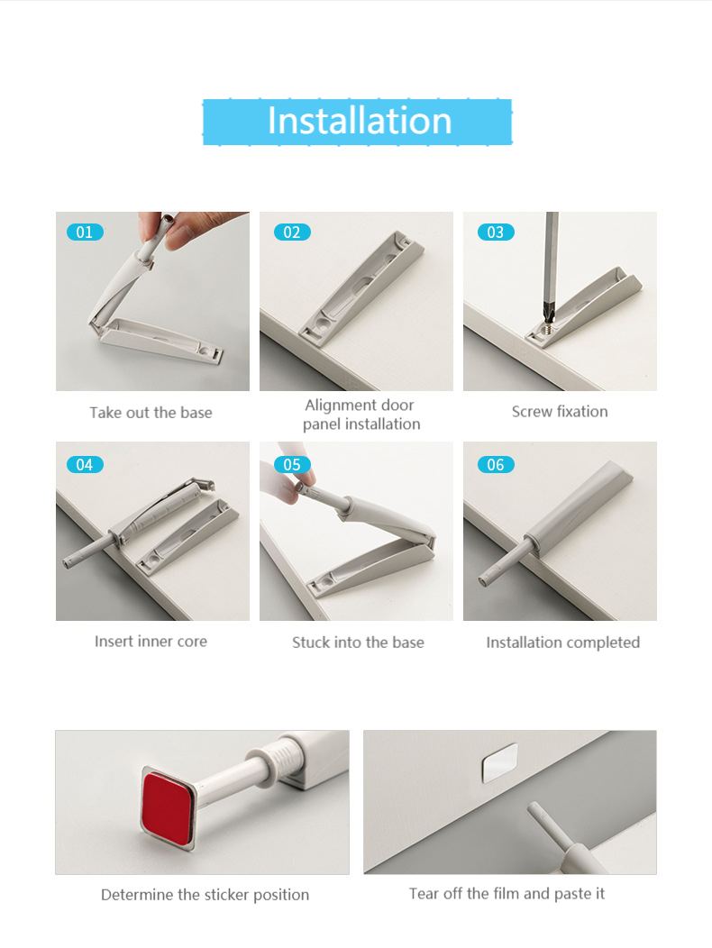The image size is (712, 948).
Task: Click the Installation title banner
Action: [357, 122]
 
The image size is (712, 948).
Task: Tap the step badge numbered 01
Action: [85, 232]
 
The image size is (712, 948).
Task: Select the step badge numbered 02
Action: [292, 232]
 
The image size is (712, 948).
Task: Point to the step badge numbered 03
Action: [496, 232]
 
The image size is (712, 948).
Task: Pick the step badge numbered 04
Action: [85, 464]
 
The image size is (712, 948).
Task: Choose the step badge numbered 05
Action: [292, 464]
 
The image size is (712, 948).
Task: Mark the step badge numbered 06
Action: [496, 464]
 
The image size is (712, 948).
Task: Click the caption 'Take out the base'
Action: [151, 413]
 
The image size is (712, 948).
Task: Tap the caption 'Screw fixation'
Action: [560, 411]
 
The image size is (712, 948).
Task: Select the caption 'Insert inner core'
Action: [151, 641]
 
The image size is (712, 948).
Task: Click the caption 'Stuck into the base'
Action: [358, 643]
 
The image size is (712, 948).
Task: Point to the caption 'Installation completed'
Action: [562, 643]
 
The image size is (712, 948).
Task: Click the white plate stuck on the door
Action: [499, 762]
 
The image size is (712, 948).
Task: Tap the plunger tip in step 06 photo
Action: [484, 581]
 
